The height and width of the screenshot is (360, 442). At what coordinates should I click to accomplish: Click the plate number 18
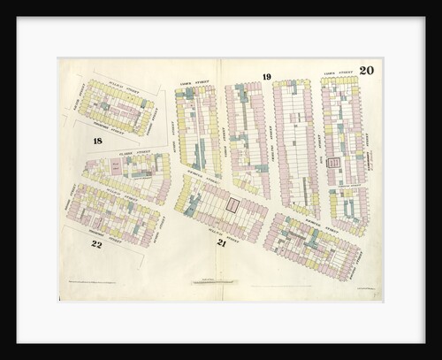[x=97, y=141]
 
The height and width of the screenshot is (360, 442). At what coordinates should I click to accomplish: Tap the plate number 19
[x=266, y=77]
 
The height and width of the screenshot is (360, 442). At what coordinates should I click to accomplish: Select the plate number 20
[x=366, y=71]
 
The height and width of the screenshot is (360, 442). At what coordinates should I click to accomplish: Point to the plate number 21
[x=222, y=241]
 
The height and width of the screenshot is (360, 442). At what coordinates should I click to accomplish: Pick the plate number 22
[x=96, y=243]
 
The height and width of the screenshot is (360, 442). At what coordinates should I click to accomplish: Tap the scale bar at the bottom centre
[x=220, y=283]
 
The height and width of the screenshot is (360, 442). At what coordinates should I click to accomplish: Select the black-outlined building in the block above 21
[x=232, y=205]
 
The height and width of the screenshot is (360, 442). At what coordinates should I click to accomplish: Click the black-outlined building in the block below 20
[x=333, y=163]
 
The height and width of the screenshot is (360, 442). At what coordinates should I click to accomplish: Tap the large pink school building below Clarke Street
[x=116, y=165]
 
